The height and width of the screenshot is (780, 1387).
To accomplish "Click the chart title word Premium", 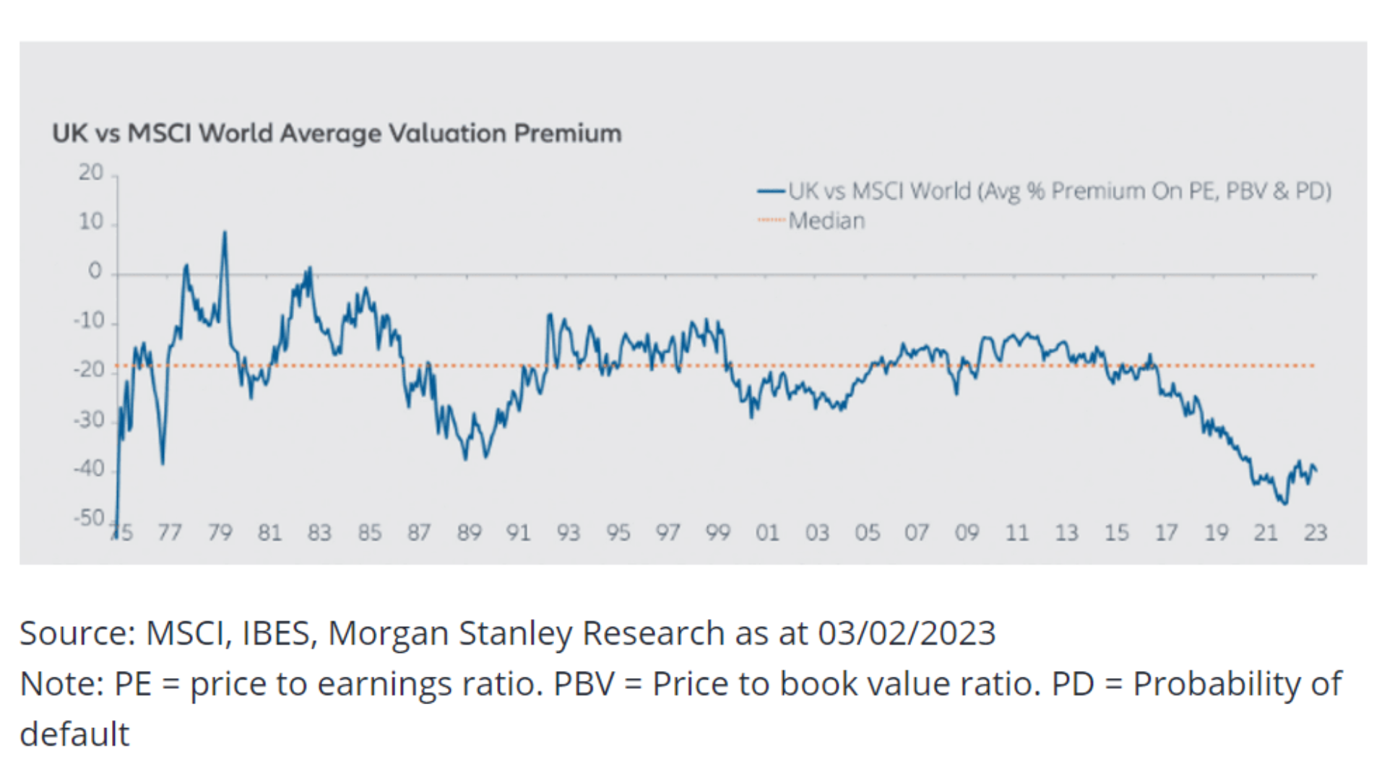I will click(567, 134).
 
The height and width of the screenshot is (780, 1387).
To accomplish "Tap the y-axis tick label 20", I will click(91, 173).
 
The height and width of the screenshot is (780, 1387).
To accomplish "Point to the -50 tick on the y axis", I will click(90, 518).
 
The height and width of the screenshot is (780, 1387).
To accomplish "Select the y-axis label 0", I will click(95, 272).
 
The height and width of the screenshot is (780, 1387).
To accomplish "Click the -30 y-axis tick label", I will click(90, 420).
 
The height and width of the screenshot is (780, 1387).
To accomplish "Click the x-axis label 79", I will click(220, 533).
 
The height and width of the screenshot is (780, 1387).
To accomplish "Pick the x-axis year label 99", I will click(717, 533).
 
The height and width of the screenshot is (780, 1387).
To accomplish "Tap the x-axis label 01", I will click(767, 533).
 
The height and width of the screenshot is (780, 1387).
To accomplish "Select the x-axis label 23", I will click(1315, 533).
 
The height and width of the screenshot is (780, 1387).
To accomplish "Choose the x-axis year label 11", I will click(1016, 533).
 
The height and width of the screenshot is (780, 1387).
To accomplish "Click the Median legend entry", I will click(826, 220).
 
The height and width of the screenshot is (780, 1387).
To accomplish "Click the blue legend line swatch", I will click(771, 191).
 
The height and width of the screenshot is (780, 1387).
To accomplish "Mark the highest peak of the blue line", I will click(225, 233).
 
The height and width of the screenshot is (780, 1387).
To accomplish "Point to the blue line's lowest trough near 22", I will click(1284, 503).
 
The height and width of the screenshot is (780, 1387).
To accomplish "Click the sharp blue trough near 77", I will click(163, 463).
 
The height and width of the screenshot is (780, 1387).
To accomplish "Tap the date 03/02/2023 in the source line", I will click(907, 633).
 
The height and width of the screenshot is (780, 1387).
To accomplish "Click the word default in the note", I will click(74, 734).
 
